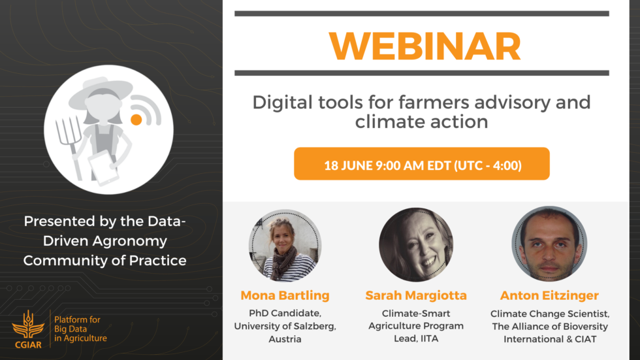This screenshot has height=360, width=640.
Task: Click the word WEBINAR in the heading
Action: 425,46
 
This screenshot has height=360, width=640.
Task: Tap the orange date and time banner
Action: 422,164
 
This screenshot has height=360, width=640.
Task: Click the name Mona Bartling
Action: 285,295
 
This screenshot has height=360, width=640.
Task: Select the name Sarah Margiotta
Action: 416,295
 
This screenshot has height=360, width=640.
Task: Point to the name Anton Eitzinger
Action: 549,295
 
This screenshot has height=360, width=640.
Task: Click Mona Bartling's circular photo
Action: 285,245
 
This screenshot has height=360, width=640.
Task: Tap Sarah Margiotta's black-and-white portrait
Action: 416,244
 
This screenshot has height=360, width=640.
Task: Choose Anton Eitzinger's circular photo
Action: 549,244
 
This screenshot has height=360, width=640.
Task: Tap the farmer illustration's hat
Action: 101,92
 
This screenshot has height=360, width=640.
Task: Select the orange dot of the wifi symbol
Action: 136,120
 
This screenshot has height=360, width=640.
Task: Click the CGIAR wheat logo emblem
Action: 27,325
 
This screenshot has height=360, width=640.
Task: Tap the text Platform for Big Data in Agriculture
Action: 80,329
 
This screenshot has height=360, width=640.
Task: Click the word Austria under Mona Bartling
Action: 285,339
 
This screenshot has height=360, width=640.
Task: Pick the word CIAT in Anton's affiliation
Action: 586,339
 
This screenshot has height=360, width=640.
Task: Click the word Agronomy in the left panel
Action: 130,241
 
